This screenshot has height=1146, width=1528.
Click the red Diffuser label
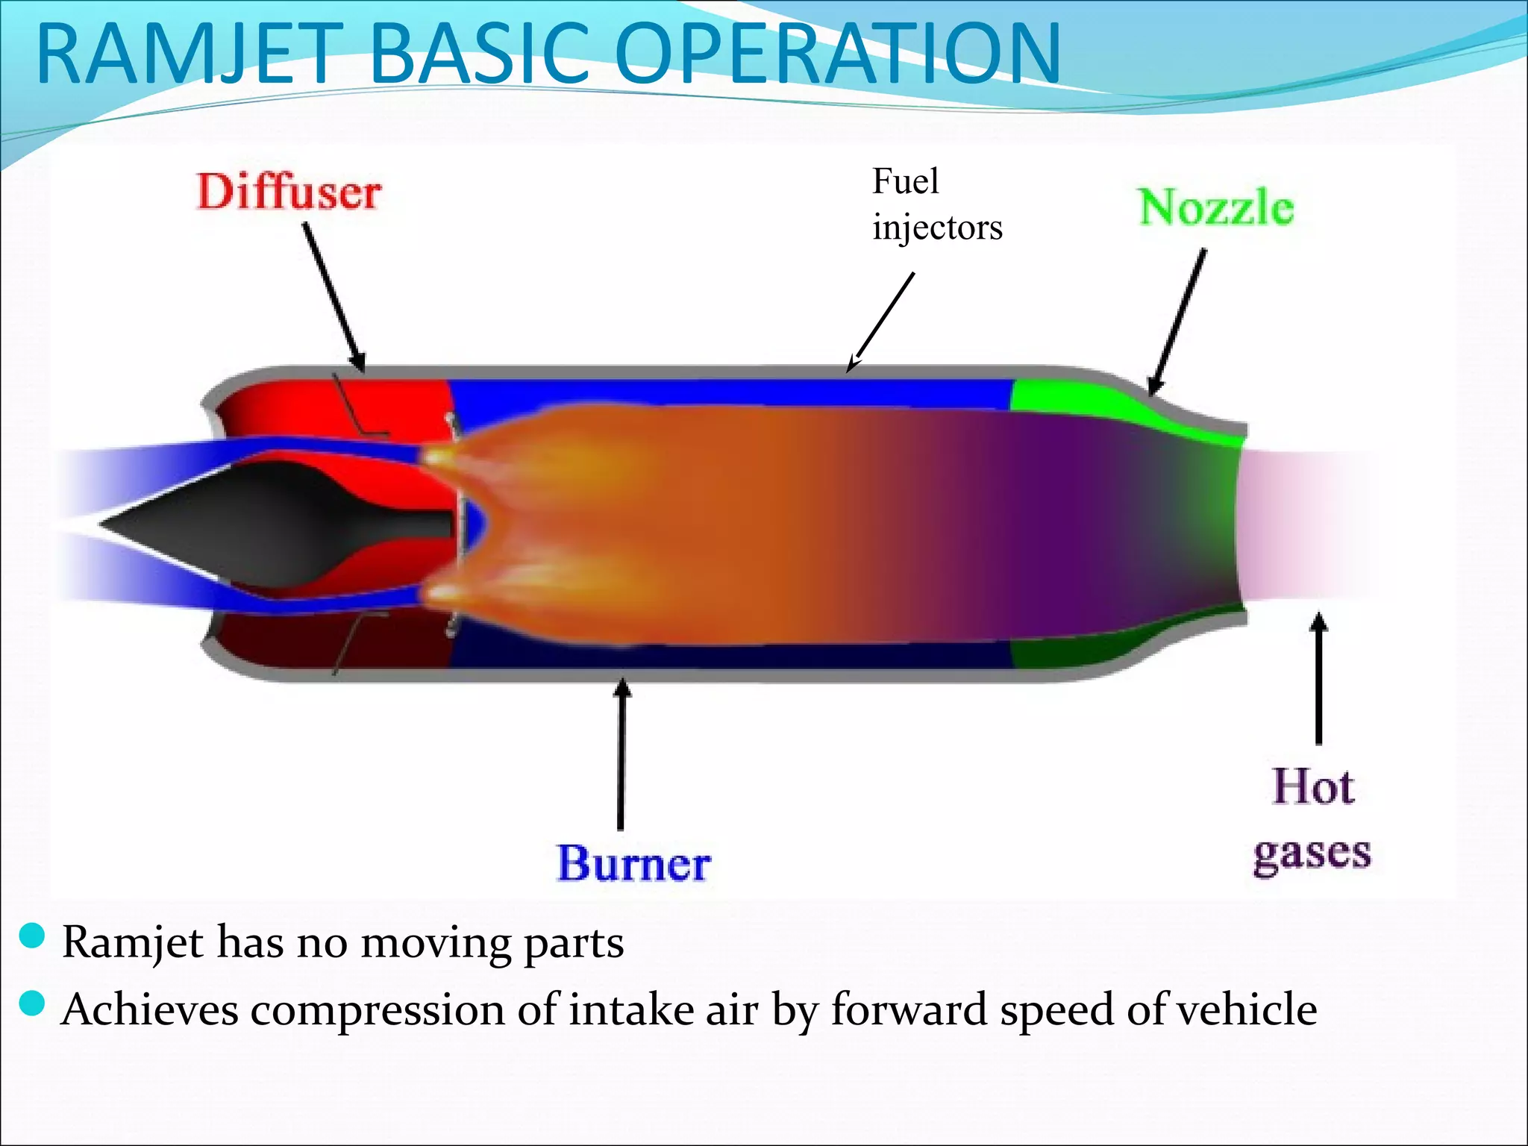289,192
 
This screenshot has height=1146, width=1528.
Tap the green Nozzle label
1216,207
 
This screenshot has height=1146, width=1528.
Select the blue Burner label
633,864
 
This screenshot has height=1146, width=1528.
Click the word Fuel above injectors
905,181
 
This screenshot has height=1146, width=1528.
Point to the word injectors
937,228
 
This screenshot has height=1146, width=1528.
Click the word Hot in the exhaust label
1312,787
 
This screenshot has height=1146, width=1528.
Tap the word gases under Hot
1312,853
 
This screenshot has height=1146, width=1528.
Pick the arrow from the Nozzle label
1177,321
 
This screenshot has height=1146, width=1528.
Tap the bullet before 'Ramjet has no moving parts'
32,936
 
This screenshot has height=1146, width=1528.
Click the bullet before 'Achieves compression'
32,1003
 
